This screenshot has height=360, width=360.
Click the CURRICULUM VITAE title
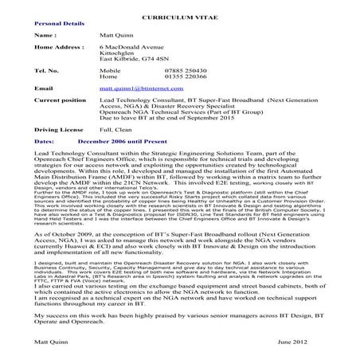[x=180, y=17]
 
